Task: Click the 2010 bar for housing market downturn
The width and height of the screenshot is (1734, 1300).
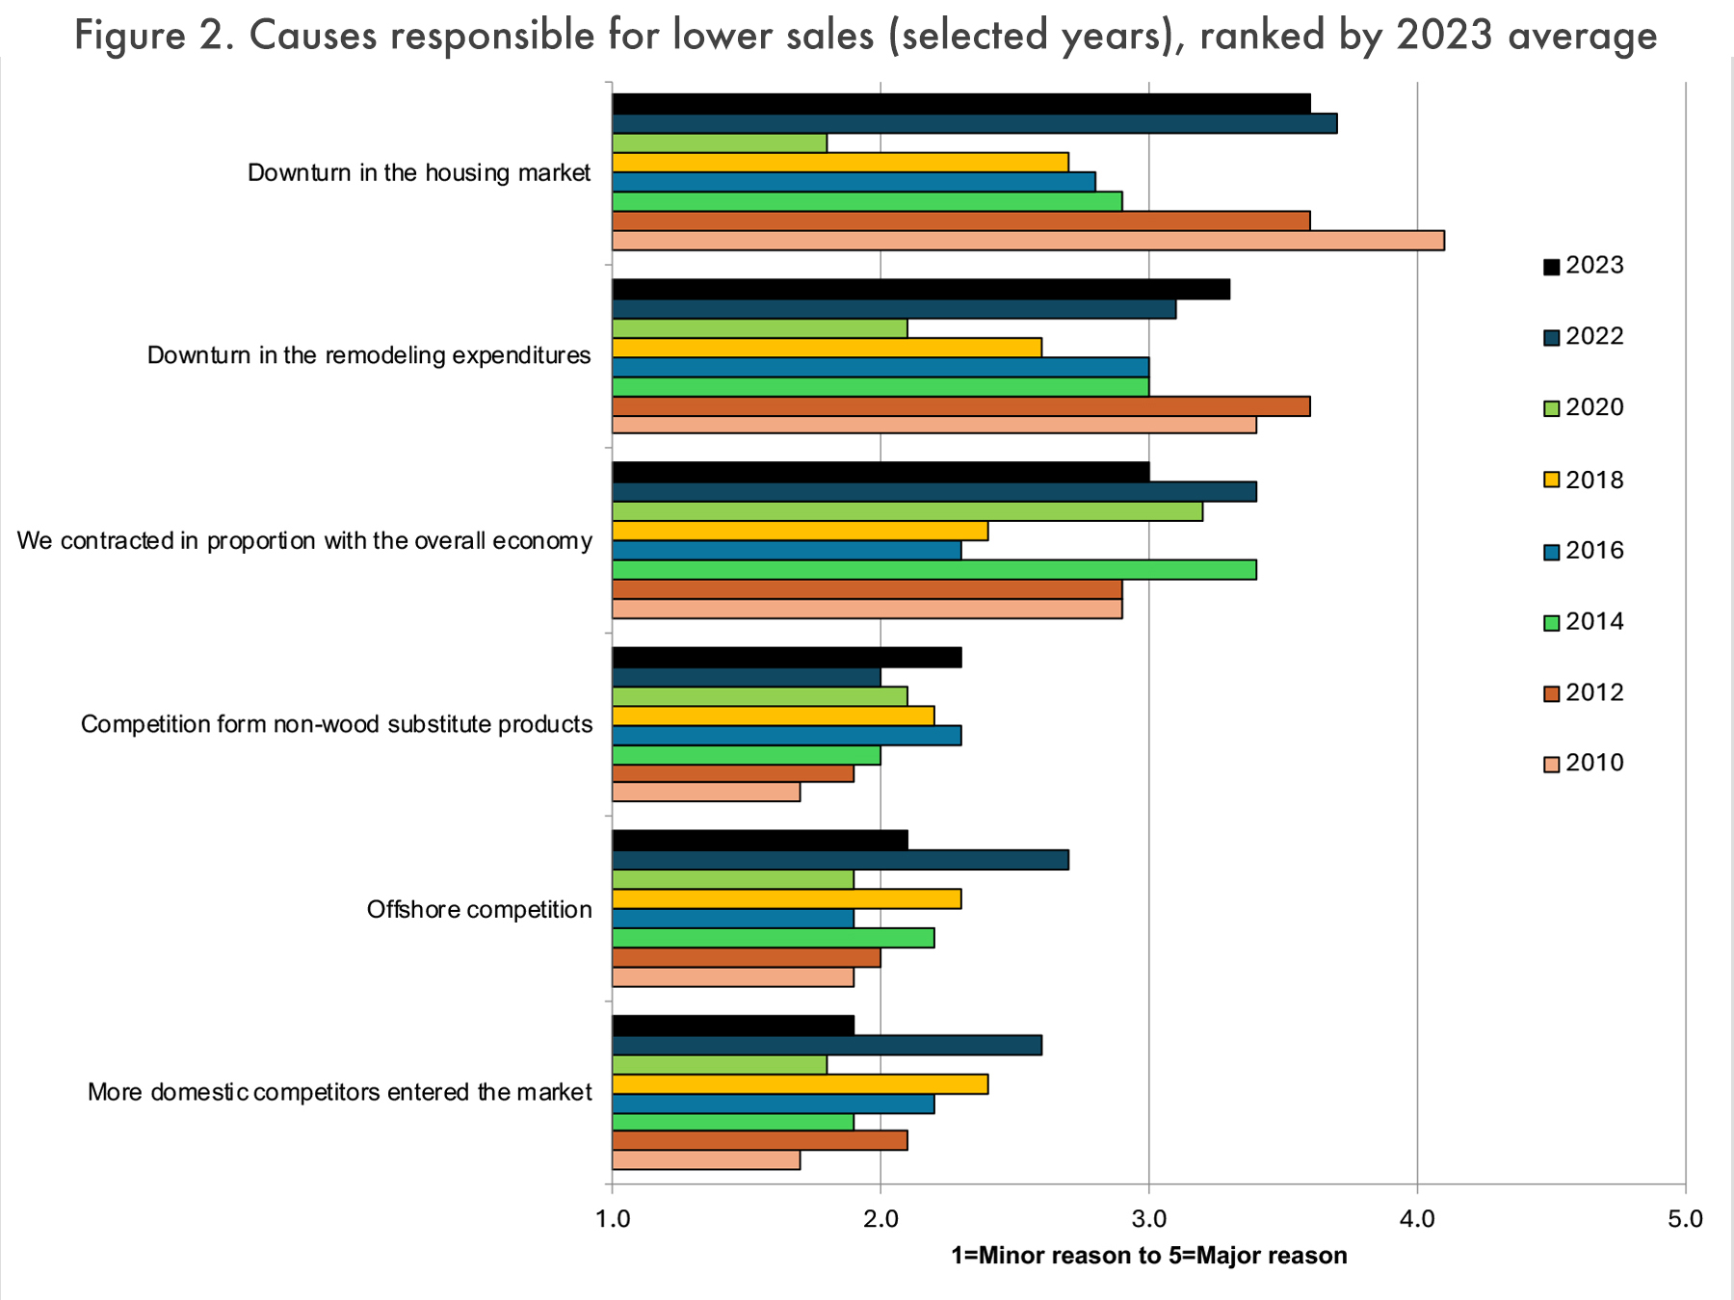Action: pyautogui.click(x=1028, y=241)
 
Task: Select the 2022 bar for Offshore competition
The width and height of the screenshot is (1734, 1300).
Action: pyautogui.click(x=840, y=860)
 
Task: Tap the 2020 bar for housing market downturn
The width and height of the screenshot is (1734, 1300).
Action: pyautogui.click(x=720, y=143)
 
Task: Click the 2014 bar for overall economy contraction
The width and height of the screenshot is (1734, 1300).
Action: pyautogui.click(x=933, y=570)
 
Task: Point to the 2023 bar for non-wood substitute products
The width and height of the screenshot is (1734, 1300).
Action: pyautogui.click(x=786, y=658)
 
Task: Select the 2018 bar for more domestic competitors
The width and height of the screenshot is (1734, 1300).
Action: pyautogui.click(x=800, y=1084)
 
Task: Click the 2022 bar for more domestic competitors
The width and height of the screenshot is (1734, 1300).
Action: pyautogui.click(x=827, y=1046)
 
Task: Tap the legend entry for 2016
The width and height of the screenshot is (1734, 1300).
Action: pyautogui.click(x=1584, y=551)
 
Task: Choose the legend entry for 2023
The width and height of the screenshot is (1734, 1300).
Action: pyautogui.click(x=1584, y=266)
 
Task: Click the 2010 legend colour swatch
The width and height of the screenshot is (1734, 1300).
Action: pyautogui.click(x=1551, y=765)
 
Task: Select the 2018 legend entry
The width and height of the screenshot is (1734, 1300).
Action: pyautogui.click(x=1584, y=480)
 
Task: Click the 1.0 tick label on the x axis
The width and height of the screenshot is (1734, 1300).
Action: pyautogui.click(x=613, y=1219)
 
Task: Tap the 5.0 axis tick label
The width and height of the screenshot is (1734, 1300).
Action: pyautogui.click(x=1684, y=1219)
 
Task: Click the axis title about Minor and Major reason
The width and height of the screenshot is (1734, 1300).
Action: pyautogui.click(x=1148, y=1256)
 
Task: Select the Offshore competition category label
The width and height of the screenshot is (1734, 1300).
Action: pyautogui.click(x=479, y=909)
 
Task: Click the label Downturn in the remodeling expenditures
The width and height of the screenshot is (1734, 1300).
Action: pyautogui.click(x=369, y=355)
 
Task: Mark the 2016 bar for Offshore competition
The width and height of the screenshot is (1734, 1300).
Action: pyautogui.click(x=732, y=919)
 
